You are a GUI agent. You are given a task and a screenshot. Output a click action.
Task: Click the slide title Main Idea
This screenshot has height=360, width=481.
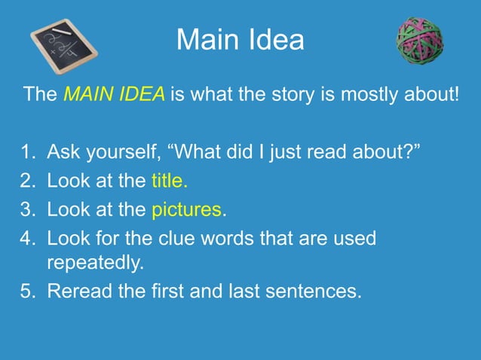tap(240, 40)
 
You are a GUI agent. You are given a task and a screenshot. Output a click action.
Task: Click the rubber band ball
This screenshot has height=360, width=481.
tap(420, 41)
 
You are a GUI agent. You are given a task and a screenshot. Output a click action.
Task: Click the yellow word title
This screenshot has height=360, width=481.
tap(169, 181)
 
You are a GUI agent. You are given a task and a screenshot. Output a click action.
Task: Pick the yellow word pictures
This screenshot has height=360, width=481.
tap(187, 209)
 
